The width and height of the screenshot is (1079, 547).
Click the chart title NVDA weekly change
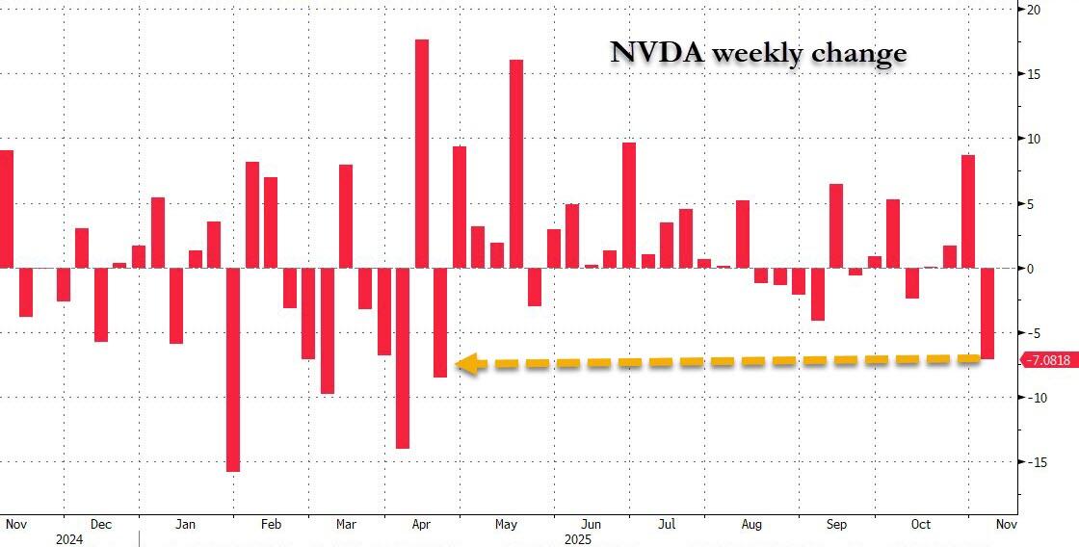pos(758,53)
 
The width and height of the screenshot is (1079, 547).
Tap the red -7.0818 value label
pos(1047,360)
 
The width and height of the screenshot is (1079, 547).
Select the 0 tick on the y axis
pos(1030,269)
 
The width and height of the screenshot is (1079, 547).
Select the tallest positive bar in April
pos(421,154)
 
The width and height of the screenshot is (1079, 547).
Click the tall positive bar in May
pos(515,164)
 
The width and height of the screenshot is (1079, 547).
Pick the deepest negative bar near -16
pos(233,370)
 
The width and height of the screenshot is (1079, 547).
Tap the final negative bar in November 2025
pos(987,314)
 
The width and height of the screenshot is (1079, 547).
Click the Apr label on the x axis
pos(421,525)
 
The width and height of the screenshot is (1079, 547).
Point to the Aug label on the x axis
pos(752,525)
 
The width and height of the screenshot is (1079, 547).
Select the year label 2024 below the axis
pos(69,539)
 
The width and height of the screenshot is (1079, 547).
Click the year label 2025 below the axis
pos(577,539)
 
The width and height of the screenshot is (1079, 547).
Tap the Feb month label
pos(271,525)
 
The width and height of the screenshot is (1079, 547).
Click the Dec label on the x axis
pos(101,525)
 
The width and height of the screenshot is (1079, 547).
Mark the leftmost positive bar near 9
pos(7,209)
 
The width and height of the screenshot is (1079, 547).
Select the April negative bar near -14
pos(403,358)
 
